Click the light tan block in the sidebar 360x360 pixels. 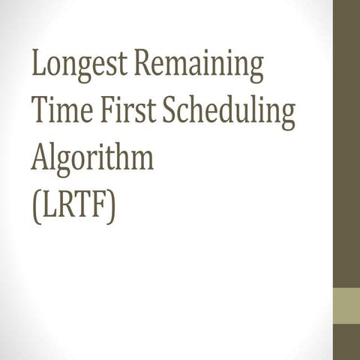point(346,304)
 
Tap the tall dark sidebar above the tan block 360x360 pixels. point(346,142)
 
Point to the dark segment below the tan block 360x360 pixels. point(346,342)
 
